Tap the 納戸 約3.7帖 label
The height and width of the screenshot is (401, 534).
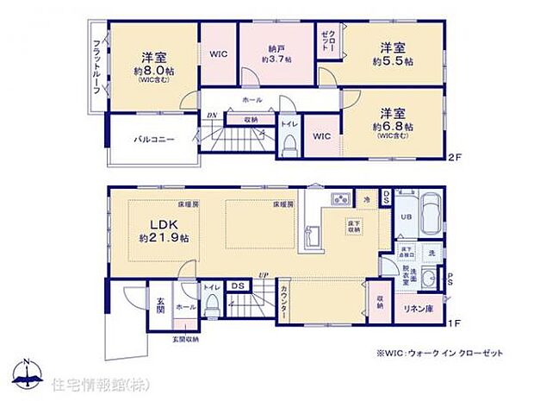277,54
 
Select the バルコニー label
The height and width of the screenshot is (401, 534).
153,139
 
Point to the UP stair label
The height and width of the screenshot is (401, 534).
262,275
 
